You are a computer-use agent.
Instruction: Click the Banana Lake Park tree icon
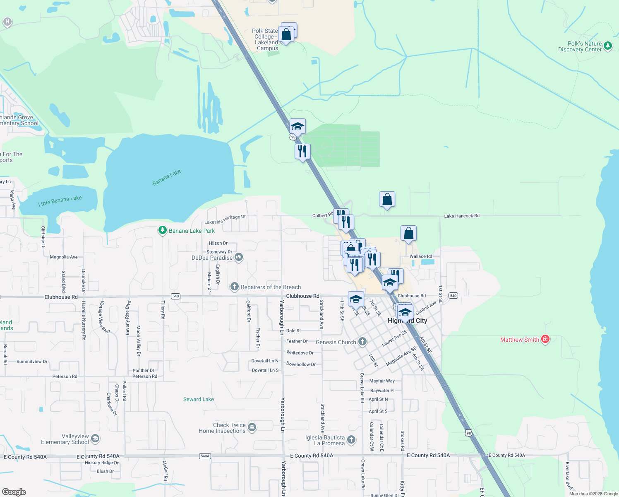(163, 231)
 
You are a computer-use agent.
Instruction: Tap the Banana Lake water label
(167, 178)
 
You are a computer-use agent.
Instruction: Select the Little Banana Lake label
(60, 201)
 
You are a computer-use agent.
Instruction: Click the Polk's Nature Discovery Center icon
(607, 46)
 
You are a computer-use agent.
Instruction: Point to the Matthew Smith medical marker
(545, 339)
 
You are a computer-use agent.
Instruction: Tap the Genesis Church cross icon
(362, 342)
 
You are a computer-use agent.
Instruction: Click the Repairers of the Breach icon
(235, 287)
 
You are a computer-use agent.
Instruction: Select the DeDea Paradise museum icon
(239, 258)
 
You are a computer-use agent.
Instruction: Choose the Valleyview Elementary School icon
(95, 439)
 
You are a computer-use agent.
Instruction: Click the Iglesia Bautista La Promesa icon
(351, 440)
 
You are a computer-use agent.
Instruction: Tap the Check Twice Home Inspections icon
(252, 427)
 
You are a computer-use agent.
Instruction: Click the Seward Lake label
(199, 399)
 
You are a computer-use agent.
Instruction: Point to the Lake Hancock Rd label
(462, 216)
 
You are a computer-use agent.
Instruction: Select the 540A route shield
(205, 456)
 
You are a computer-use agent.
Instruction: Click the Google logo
(14, 492)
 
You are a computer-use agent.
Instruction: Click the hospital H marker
(7, 22)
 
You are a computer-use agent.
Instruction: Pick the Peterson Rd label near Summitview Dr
(65, 376)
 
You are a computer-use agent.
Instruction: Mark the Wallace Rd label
(421, 256)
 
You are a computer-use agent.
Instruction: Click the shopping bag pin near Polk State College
(286, 35)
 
